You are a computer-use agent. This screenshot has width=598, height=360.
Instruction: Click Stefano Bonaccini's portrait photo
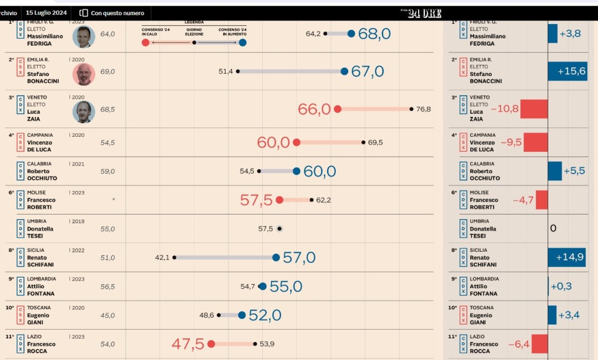pos(84,74)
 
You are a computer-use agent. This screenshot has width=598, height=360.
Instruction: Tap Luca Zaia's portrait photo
pos(84,112)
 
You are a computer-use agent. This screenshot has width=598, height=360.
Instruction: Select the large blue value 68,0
pos(374,34)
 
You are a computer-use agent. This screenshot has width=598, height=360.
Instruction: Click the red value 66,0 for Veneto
pos(314,109)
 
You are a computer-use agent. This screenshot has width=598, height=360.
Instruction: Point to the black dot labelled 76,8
pos(412,109)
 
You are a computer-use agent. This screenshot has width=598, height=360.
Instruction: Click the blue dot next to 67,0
pos(344,71)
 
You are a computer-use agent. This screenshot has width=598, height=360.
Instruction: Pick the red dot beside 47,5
pos(211,344)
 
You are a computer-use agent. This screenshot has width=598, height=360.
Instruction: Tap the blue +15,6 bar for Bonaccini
pos(567,71)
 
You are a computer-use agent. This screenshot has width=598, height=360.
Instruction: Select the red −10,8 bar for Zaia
pos(534,109)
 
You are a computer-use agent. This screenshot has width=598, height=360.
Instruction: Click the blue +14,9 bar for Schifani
pos(566,257)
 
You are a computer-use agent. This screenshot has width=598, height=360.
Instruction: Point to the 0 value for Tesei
pos(553,228)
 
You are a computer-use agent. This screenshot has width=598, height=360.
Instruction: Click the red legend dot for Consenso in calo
pos(145,42)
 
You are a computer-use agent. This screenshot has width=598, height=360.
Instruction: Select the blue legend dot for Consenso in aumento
pos(242,42)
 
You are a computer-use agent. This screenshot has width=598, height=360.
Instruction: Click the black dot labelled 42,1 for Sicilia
pos(174,257)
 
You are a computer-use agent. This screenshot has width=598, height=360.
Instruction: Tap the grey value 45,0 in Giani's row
pos(107,316)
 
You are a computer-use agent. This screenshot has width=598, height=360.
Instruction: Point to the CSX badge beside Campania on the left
pos(20,143)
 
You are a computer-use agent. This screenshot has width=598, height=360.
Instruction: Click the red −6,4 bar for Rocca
pos(540,344)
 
